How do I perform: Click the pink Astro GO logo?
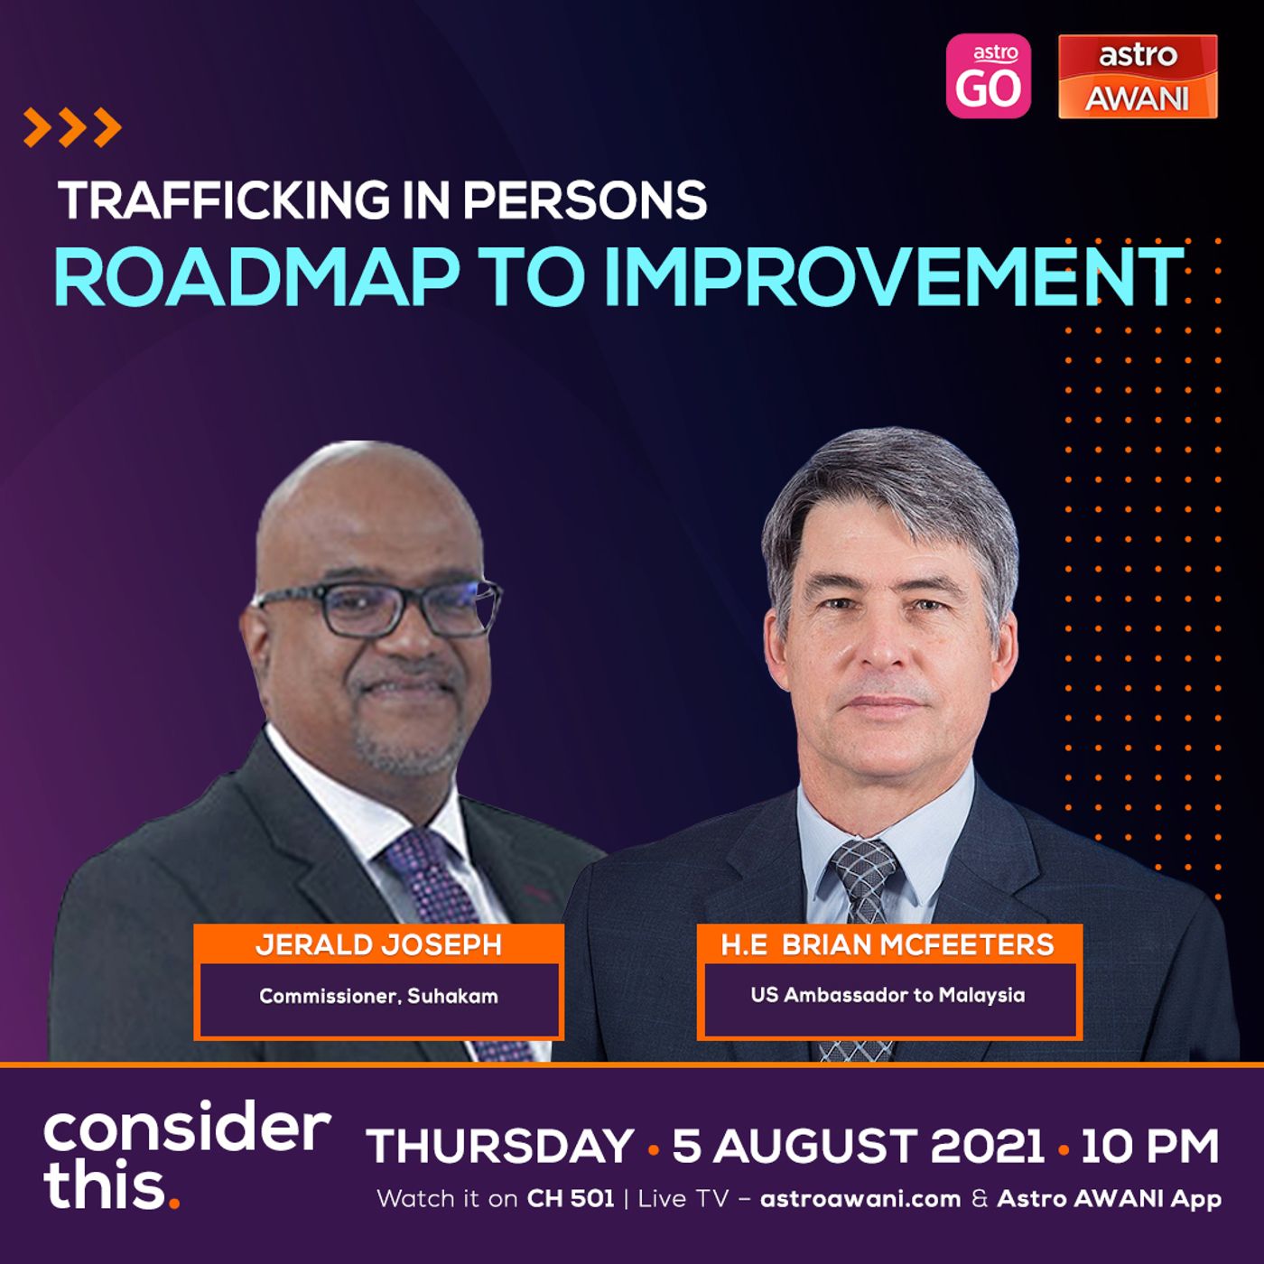tap(988, 76)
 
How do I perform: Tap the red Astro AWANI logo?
tap(1139, 77)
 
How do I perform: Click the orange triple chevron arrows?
tap(72, 127)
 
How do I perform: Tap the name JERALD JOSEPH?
tap(378, 945)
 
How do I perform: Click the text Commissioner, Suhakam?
tap(378, 997)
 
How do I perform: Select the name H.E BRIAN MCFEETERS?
tap(888, 944)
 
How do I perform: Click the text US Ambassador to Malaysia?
tap(888, 995)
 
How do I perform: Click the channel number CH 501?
tap(571, 1199)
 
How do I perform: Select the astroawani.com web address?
tap(860, 1199)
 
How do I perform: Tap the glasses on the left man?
tap(377, 608)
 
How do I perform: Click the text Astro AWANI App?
tap(1109, 1199)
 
